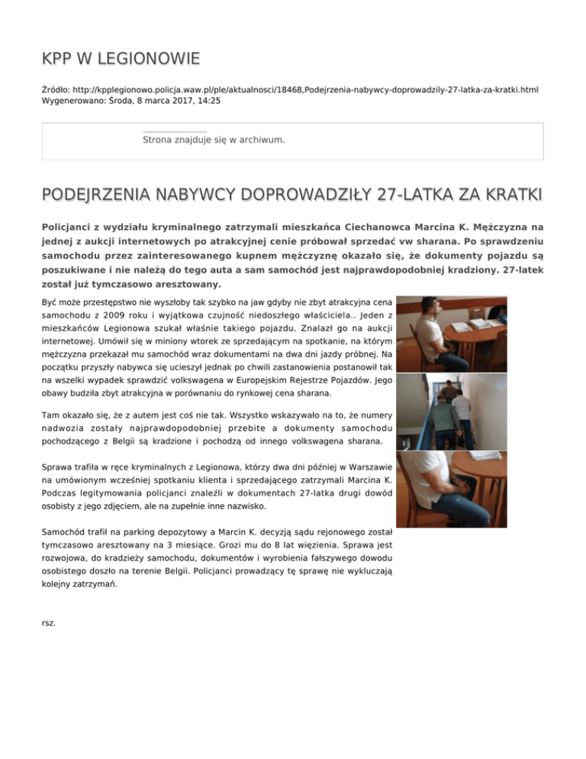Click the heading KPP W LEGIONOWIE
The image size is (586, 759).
point(121,58)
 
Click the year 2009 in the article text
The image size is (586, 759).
point(115,315)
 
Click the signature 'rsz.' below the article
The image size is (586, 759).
point(48,622)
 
